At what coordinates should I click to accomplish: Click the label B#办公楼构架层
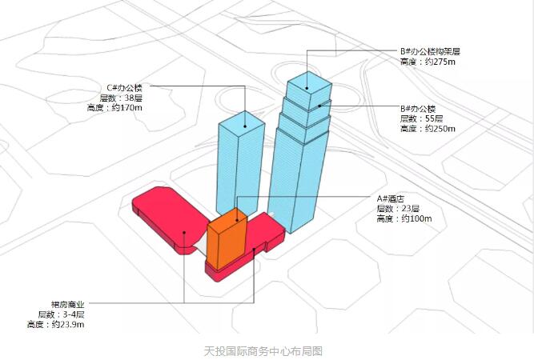(430, 52)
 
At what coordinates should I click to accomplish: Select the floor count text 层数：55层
(421, 118)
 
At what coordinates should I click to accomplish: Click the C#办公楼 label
(125, 88)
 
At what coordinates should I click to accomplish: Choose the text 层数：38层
(121, 98)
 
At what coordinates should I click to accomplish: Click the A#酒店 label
(390, 198)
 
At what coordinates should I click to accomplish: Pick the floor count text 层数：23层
(398, 209)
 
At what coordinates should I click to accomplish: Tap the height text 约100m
(416, 218)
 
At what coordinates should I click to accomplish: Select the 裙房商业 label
(67, 305)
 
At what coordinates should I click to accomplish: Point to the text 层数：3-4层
(62, 314)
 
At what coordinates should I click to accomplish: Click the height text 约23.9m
(68, 324)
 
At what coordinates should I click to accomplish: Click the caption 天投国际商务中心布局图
(263, 351)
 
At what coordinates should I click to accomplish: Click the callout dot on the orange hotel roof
(237, 221)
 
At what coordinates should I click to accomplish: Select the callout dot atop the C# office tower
(245, 126)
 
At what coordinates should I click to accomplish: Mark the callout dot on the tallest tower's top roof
(307, 89)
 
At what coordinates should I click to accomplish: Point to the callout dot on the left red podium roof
(184, 233)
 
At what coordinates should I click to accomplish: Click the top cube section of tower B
(309, 90)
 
